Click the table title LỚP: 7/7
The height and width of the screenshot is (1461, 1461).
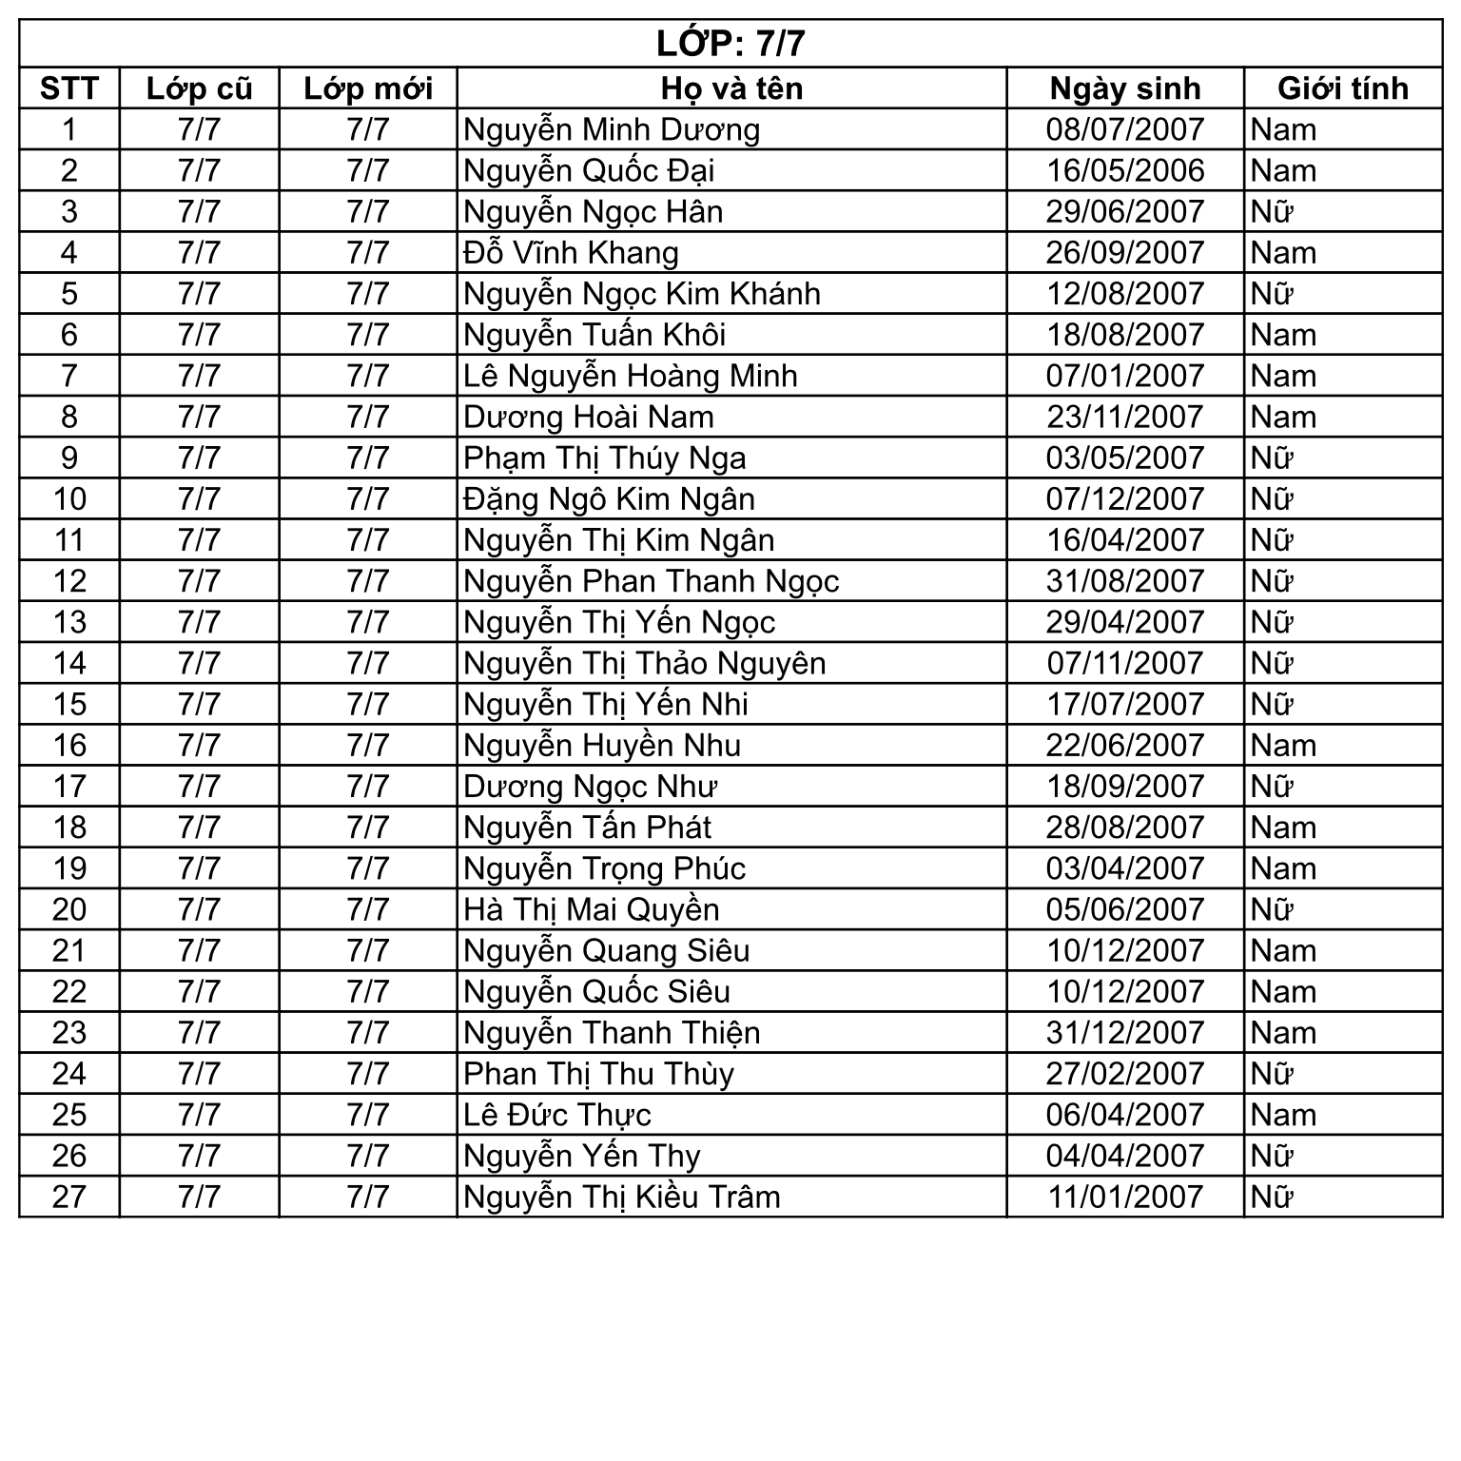point(730,44)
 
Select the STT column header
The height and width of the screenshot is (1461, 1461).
point(69,88)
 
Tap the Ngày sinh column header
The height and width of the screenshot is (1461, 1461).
point(1125,88)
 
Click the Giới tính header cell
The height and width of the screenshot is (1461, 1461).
point(1342,88)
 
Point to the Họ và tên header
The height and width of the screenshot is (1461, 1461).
point(731,88)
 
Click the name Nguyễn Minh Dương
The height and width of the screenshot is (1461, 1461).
point(612,129)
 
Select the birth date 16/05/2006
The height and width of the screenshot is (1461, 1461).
point(1125,171)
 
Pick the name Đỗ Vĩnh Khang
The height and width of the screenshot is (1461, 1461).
point(571,253)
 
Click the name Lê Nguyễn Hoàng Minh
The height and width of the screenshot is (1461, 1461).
point(630,376)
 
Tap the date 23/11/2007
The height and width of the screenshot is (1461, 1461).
point(1125,417)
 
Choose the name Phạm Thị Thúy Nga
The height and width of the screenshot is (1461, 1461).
point(604,458)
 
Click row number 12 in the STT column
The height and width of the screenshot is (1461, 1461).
point(69,581)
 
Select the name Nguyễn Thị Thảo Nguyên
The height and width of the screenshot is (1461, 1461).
point(644,663)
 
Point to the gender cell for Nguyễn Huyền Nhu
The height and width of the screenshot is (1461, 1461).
point(1283,746)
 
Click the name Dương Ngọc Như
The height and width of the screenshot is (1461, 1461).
point(590,787)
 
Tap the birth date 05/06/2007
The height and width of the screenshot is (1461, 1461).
point(1125,909)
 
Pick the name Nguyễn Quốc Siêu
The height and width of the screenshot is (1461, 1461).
point(596,992)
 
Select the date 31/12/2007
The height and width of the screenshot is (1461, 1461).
point(1125,1033)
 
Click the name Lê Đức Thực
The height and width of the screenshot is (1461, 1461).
point(556,1115)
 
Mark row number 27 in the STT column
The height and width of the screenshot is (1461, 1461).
point(69,1197)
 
